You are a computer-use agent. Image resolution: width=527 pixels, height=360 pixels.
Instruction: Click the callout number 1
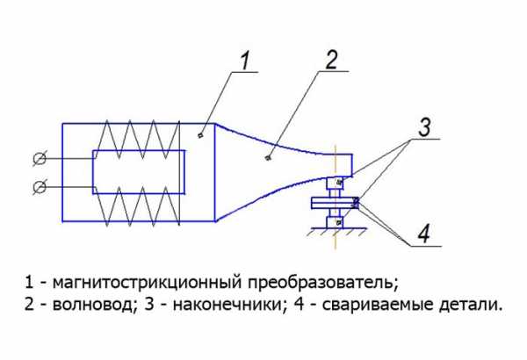click(x=246, y=61)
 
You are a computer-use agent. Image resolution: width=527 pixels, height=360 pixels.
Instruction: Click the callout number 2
click(x=331, y=61)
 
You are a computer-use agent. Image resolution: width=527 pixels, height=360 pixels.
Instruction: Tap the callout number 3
click(x=424, y=127)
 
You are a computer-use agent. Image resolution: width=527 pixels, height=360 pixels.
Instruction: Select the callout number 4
click(x=424, y=234)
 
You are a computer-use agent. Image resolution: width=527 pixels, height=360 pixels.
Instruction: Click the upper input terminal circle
click(x=40, y=159)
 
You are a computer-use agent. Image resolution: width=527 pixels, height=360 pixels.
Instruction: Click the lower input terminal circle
click(x=40, y=187)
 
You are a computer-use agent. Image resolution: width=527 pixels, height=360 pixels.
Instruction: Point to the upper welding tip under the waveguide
click(x=335, y=183)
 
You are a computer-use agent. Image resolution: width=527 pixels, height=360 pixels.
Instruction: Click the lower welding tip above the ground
click(x=335, y=222)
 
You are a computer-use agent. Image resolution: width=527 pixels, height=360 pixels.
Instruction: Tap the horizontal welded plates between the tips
click(x=336, y=203)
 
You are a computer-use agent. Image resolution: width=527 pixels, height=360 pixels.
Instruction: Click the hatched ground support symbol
click(x=336, y=232)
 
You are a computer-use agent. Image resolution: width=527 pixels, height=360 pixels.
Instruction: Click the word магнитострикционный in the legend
click(x=147, y=283)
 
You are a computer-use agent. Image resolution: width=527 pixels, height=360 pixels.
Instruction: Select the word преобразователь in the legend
click(x=323, y=283)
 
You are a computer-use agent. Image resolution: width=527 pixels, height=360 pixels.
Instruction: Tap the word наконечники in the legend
click(x=229, y=306)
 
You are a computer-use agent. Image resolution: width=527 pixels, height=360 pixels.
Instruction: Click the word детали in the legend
click(x=470, y=306)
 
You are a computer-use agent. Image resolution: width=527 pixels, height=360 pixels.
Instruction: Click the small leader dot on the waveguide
click(x=268, y=158)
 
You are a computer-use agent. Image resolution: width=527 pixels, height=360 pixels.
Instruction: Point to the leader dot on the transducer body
click(x=200, y=135)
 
